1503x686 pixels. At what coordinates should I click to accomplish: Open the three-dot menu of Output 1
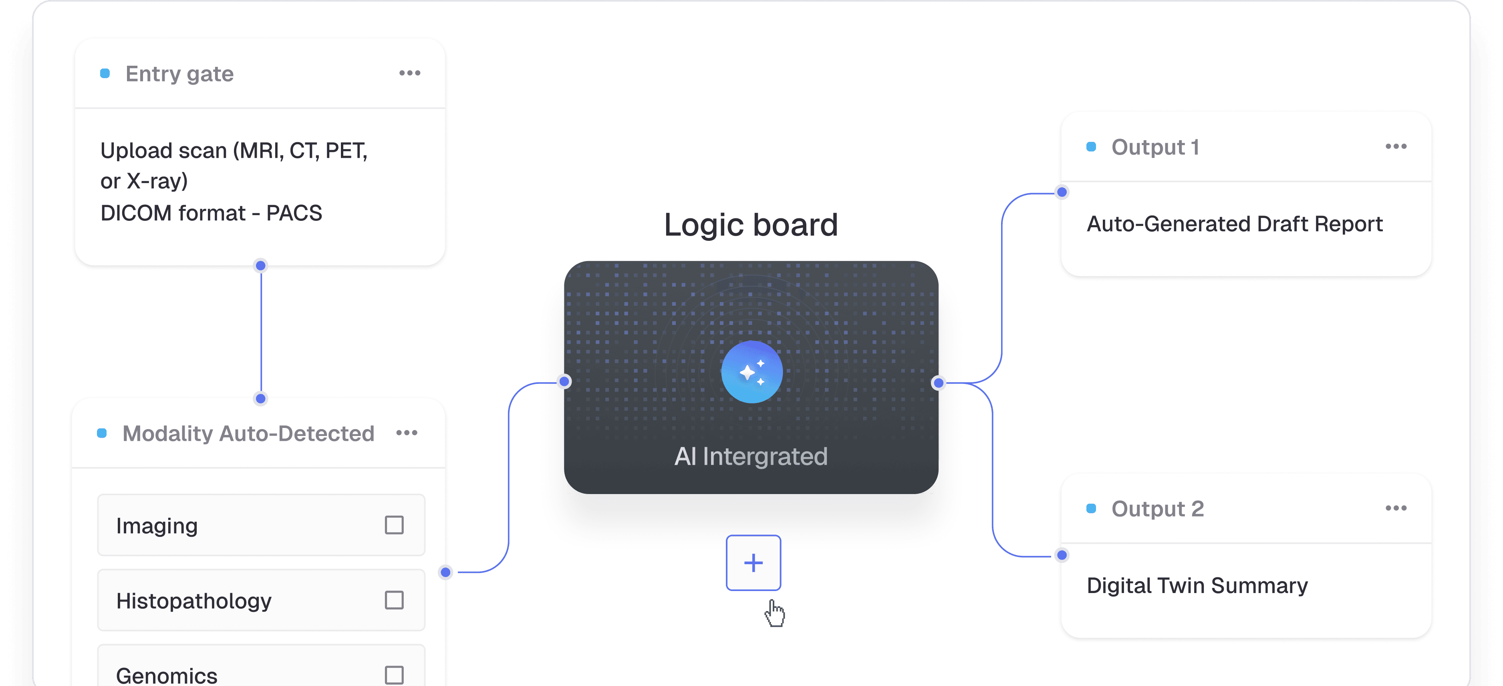(1396, 147)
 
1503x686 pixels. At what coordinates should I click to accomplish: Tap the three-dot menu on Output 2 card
(1396, 508)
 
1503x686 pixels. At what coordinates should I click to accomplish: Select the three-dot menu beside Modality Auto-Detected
(407, 433)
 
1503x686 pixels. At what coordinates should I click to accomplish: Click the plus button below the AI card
(753, 563)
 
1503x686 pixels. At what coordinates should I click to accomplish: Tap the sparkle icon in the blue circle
(751, 372)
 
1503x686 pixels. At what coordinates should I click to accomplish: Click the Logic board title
(751, 225)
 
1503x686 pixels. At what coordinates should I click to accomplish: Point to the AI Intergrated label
(751, 456)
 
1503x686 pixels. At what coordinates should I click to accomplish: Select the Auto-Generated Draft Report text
(1235, 224)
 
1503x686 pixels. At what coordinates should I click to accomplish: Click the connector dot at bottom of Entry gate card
(261, 266)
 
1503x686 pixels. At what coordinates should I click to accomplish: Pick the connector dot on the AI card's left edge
(564, 382)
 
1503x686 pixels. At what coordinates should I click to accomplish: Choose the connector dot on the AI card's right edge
(938, 383)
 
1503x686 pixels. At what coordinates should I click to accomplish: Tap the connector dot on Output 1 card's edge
(1062, 192)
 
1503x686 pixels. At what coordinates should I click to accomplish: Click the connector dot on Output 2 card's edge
(1062, 555)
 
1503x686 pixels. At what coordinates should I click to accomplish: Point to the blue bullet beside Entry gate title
(105, 74)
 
